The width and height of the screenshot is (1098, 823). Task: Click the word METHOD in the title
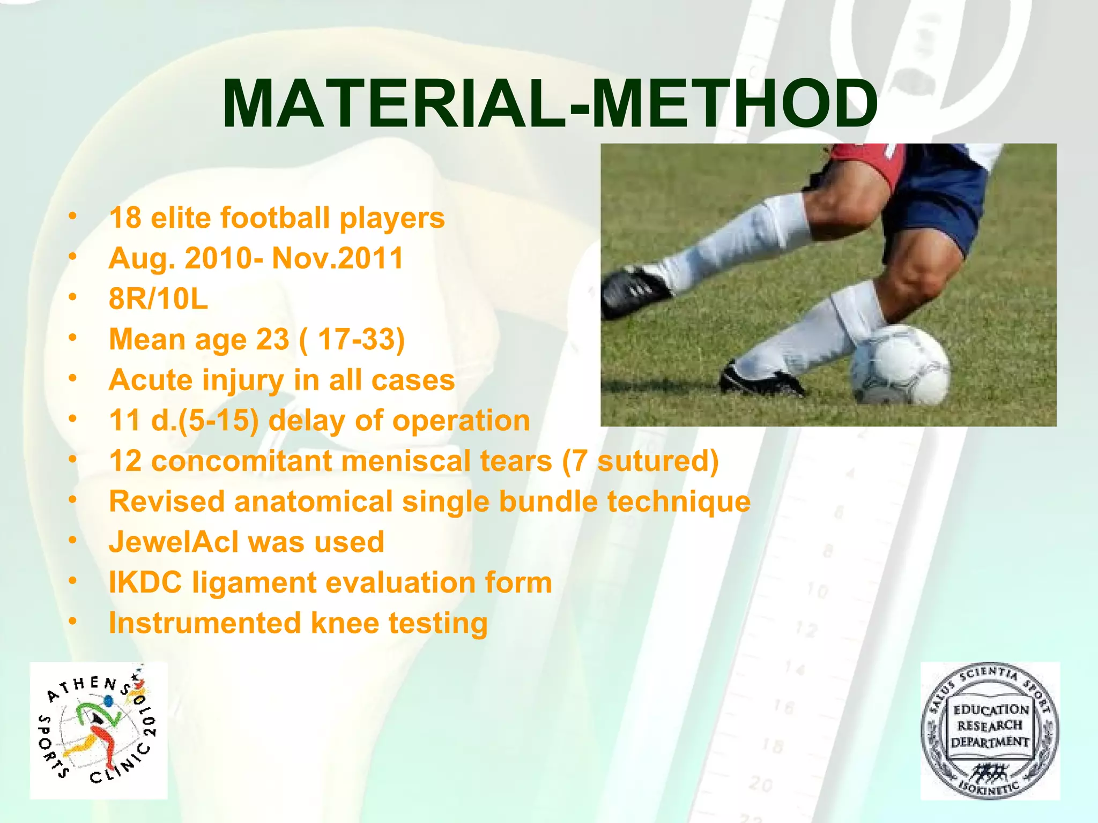click(x=735, y=104)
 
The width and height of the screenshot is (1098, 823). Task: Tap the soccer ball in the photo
click(x=901, y=365)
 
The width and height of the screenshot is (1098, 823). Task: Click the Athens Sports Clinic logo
click(x=99, y=731)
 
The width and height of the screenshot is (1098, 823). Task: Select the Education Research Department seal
click(x=990, y=731)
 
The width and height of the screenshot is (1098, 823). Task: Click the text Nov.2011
click(x=337, y=258)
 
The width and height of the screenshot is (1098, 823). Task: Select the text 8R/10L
click(x=158, y=299)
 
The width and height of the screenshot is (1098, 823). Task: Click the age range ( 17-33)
click(x=352, y=339)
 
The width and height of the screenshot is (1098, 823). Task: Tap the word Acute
click(x=151, y=380)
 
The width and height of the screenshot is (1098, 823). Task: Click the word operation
click(x=461, y=420)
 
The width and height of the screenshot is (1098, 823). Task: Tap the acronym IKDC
click(x=145, y=582)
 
